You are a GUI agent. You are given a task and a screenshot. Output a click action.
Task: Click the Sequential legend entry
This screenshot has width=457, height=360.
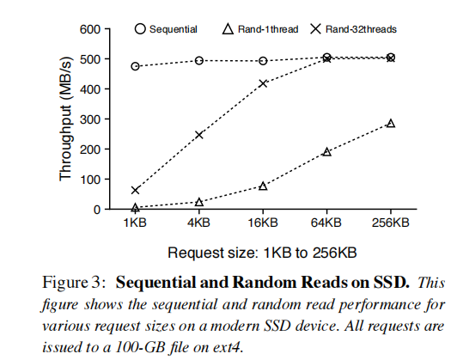[167, 29]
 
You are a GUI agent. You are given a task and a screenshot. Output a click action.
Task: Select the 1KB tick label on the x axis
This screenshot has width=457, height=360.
[136, 224]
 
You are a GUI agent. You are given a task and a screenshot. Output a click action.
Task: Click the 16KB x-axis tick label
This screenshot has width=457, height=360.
[263, 224]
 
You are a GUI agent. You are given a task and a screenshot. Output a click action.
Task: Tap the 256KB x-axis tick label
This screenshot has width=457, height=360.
[391, 224]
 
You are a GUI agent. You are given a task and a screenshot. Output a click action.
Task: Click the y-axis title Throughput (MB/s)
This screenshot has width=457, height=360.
[66, 119]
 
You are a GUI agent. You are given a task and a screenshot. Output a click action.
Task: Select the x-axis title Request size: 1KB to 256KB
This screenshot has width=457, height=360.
[263, 253]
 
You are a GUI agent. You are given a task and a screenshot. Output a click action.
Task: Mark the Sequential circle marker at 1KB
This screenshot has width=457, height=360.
[136, 66]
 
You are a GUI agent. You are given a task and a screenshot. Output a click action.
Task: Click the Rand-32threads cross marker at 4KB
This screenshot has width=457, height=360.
[199, 135]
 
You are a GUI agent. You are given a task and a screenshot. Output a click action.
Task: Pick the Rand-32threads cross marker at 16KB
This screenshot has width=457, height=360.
[263, 83]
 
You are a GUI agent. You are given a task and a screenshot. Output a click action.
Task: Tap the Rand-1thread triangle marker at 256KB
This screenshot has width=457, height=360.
[391, 124]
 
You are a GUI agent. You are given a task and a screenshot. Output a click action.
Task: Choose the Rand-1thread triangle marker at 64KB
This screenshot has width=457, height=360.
[327, 152]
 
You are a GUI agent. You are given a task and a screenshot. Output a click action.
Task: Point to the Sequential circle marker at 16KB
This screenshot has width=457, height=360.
[263, 61]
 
